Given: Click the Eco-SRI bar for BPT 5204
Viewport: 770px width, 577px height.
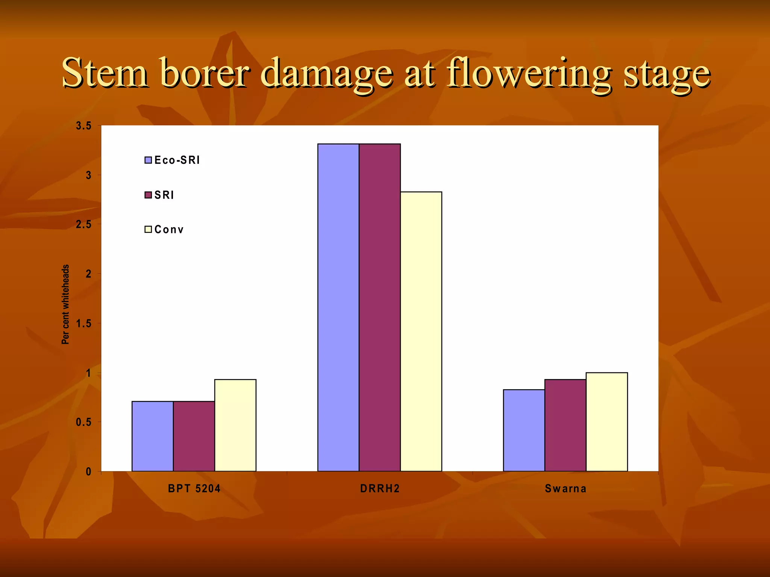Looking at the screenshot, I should [152, 436].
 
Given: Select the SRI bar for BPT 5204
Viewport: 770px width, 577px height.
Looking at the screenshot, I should [194, 436].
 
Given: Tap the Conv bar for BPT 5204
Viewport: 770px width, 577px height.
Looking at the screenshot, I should [235, 425].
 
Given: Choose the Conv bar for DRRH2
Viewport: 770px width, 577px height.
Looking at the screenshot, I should [421, 331].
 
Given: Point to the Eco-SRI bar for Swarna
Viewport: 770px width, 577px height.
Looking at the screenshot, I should [524, 430].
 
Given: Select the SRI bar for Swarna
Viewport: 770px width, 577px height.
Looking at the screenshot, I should [565, 425].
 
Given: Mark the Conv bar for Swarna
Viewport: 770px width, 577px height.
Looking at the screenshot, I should [606, 422].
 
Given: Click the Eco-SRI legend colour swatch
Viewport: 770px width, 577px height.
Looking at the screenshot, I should [148, 160].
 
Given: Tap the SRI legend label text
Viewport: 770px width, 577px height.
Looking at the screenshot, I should [164, 195].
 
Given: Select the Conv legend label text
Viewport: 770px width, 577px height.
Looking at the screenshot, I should [169, 230].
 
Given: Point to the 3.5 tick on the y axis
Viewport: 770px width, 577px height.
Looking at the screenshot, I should [83, 126].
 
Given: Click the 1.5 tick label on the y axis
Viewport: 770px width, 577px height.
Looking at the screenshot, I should [83, 323].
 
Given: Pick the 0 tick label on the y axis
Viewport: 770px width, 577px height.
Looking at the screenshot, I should [88, 471].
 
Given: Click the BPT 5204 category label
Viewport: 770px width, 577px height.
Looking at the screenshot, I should [194, 488].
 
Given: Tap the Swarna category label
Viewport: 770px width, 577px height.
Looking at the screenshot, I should [565, 488].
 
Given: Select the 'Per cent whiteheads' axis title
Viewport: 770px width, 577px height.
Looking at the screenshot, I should [65, 304].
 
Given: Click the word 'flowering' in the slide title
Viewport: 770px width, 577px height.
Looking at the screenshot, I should [529, 73].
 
